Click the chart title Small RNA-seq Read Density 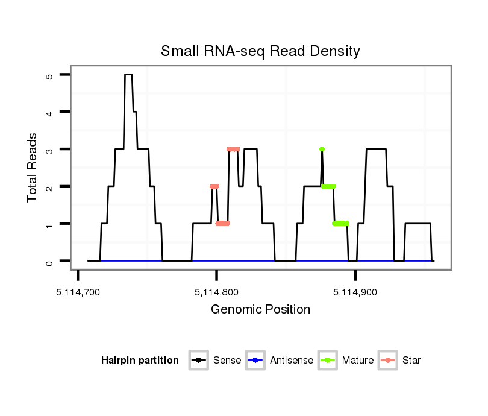click(x=260, y=51)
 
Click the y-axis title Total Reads click(x=34, y=168)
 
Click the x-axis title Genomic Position click(x=260, y=310)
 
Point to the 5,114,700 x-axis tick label click(x=78, y=292)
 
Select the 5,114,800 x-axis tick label click(x=216, y=292)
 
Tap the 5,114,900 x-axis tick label click(x=355, y=292)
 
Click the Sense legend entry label click(x=227, y=361)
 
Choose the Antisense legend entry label click(x=292, y=361)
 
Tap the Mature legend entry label click(x=358, y=361)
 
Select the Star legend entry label click(x=411, y=361)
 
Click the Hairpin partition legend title click(x=140, y=361)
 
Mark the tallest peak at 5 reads click(x=128, y=75)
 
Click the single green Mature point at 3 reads click(x=322, y=149)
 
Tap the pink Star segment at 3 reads click(x=233, y=149)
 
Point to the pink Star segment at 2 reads click(x=214, y=186)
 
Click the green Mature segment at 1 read click(x=340, y=224)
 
